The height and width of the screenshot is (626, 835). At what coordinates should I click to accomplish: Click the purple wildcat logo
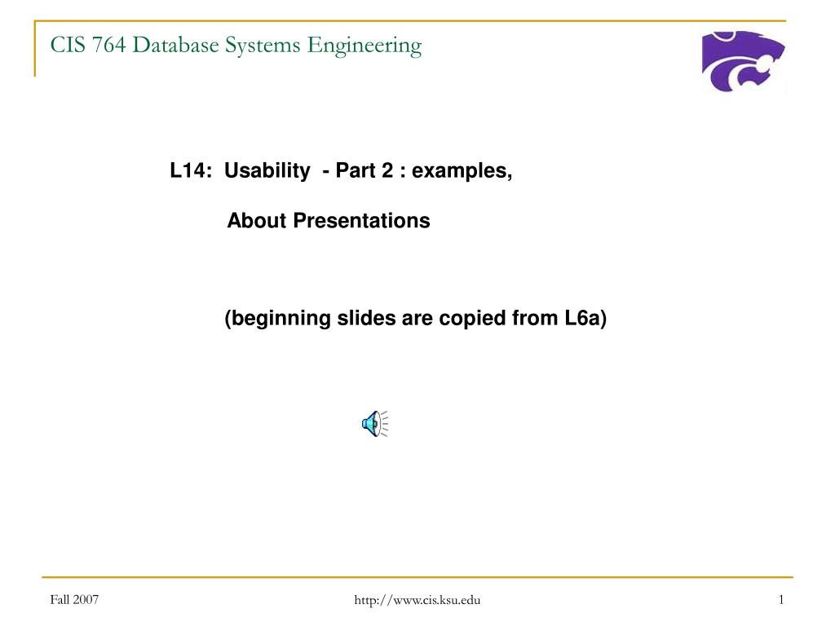743,60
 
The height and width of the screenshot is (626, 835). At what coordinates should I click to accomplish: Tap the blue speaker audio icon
375,424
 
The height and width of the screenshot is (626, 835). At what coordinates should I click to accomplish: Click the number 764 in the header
108,45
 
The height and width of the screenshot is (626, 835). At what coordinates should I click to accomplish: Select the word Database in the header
176,45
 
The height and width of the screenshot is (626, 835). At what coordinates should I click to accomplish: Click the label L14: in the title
191,171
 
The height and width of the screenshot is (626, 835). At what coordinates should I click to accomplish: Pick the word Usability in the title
267,171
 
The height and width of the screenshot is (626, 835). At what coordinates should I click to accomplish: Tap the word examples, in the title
462,171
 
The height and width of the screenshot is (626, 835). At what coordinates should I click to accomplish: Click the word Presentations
361,221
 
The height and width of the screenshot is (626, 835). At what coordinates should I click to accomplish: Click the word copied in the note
472,319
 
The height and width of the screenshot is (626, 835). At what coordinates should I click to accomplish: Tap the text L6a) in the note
585,319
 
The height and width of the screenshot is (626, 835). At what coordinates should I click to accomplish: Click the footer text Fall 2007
74,600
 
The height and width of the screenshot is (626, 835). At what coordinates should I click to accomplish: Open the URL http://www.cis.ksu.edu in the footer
417,601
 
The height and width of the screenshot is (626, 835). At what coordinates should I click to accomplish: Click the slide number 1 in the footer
781,600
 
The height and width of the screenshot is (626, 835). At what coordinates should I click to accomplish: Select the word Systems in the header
263,46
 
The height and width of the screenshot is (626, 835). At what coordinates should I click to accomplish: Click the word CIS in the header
68,45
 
